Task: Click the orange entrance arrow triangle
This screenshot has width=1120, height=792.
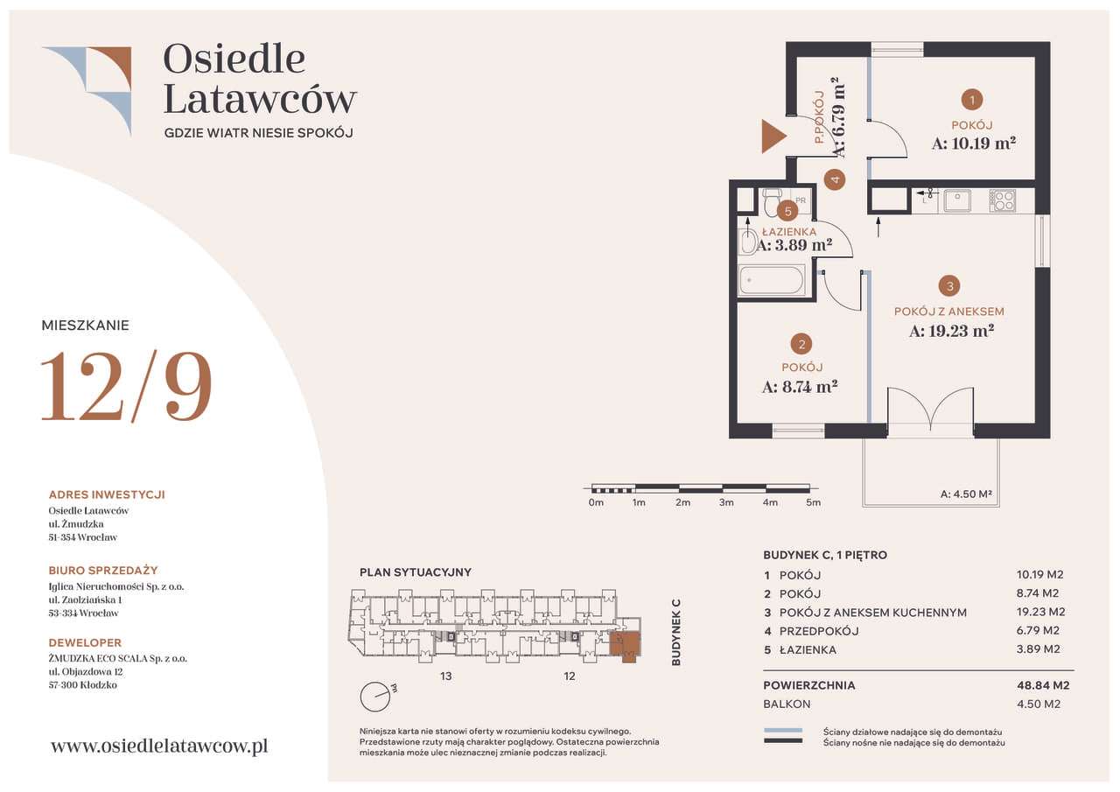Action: coord(772,136)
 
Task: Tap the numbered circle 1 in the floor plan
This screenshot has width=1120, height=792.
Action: coord(971,100)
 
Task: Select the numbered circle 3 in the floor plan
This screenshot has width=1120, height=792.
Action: coord(949,286)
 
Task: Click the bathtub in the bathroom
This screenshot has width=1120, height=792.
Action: coord(772,280)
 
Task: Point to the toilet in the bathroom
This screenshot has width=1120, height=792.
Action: coord(773,201)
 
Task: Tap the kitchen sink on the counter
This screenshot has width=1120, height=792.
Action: coord(957,201)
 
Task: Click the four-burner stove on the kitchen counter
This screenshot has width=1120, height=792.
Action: coord(1002,200)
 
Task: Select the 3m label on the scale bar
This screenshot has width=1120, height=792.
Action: coord(726,502)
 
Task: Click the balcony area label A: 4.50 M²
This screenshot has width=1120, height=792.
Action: coord(966,494)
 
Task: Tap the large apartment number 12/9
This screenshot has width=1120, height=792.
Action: coord(126,386)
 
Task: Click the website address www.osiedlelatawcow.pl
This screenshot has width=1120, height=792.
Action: coord(159,746)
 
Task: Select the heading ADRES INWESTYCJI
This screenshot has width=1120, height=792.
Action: coord(107,494)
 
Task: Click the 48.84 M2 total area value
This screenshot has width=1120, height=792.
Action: coord(1043,685)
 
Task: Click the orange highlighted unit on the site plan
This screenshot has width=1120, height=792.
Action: coord(625,646)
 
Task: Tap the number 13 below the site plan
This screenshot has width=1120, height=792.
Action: coord(446,676)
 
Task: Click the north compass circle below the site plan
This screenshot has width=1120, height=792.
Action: coord(375,697)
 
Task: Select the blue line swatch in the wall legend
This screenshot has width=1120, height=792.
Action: coord(783,731)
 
